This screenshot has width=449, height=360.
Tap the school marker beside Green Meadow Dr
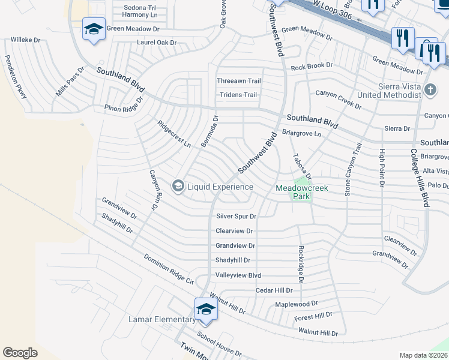click(94, 29)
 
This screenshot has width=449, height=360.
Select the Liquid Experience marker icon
click(178, 187)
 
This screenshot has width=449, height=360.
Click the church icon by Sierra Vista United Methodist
click(429, 91)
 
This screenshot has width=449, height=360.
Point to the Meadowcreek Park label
click(302, 188)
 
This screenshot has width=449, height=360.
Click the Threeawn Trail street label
click(239, 81)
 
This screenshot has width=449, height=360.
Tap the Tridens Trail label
click(238, 95)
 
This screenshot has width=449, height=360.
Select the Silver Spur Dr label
click(236, 216)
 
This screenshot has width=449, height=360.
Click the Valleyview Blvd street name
click(238, 275)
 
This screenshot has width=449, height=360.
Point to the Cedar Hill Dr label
click(274, 290)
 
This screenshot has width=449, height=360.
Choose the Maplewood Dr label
click(296, 304)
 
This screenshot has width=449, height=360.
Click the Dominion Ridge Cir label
click(169, 269)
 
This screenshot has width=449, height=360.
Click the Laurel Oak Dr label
click(157, 43)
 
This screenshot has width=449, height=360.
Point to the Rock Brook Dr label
click(312, 65)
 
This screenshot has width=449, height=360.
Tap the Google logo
click(20, 353)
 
